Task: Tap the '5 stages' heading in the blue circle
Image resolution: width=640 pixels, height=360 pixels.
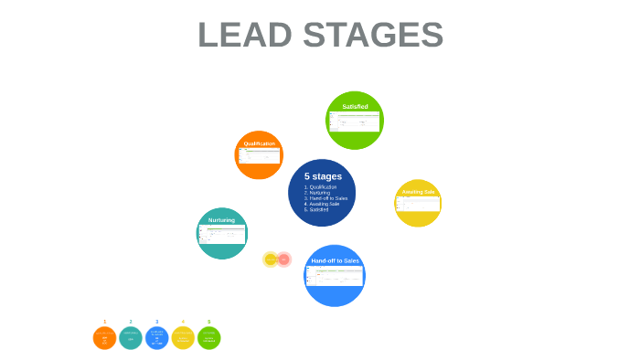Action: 323,176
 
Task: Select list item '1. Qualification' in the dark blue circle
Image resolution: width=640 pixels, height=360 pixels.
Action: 320,186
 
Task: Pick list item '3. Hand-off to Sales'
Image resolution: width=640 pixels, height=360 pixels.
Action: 325,198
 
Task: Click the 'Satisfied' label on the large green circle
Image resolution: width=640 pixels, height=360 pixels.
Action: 355,107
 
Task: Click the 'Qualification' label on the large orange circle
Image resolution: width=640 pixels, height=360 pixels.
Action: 259,143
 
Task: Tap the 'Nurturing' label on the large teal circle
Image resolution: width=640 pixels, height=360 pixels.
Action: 221,220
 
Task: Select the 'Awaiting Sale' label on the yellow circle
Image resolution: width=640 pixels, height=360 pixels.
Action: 419,192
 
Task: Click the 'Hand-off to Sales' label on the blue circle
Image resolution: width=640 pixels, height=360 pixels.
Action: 336,260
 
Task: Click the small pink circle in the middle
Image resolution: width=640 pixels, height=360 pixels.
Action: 283,259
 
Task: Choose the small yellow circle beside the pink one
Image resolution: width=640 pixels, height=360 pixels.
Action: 271,259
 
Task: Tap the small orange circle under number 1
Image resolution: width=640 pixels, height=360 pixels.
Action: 104,338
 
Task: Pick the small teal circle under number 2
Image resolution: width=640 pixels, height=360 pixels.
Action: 131,338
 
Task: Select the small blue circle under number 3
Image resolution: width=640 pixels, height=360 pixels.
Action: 156,338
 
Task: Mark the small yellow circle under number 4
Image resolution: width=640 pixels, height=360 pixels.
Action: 183,338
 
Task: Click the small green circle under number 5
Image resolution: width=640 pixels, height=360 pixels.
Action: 208,338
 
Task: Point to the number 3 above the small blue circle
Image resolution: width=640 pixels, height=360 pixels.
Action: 156,322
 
